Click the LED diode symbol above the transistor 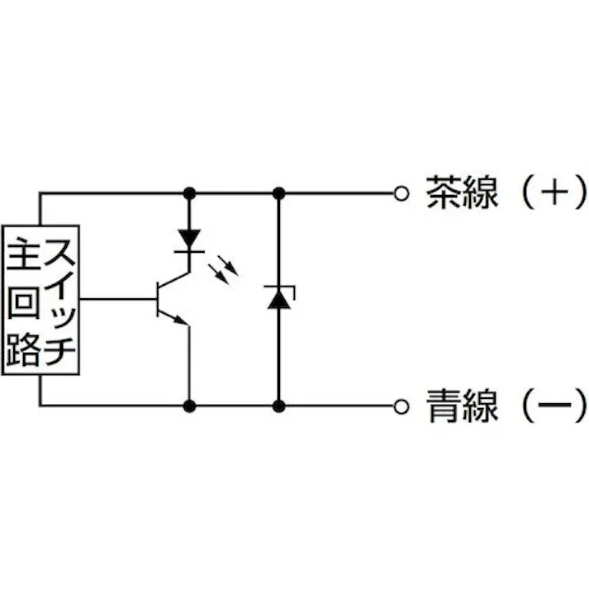190,239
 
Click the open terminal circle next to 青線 401,406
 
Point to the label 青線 462,406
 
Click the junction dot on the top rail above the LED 190,193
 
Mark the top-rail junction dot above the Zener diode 278,193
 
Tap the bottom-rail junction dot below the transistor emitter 190,406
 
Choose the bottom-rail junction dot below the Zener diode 278,406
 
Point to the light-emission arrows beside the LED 225,266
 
